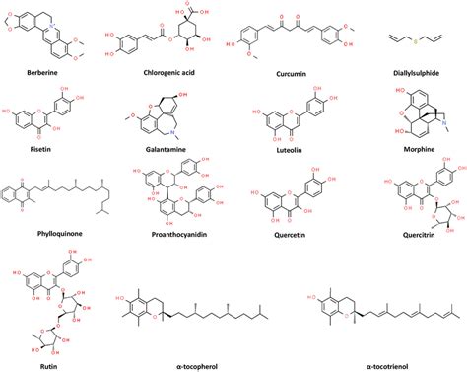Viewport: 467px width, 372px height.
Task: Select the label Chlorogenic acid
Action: (163, 73)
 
